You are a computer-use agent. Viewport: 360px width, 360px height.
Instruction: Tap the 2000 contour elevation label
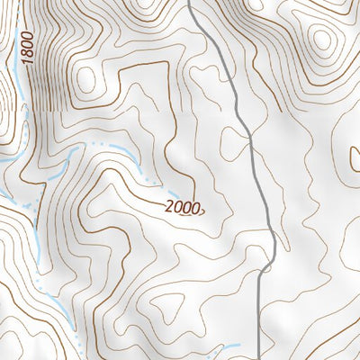pos(183,206)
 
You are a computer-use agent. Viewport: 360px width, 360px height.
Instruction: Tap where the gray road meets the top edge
pos(191,2)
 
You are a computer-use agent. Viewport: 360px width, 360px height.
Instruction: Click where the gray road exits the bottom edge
pos(259,357)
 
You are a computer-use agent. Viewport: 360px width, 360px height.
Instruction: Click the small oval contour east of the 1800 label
pos(87,79)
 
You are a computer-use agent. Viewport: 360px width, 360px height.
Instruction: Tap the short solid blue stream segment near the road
pos(225,347)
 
